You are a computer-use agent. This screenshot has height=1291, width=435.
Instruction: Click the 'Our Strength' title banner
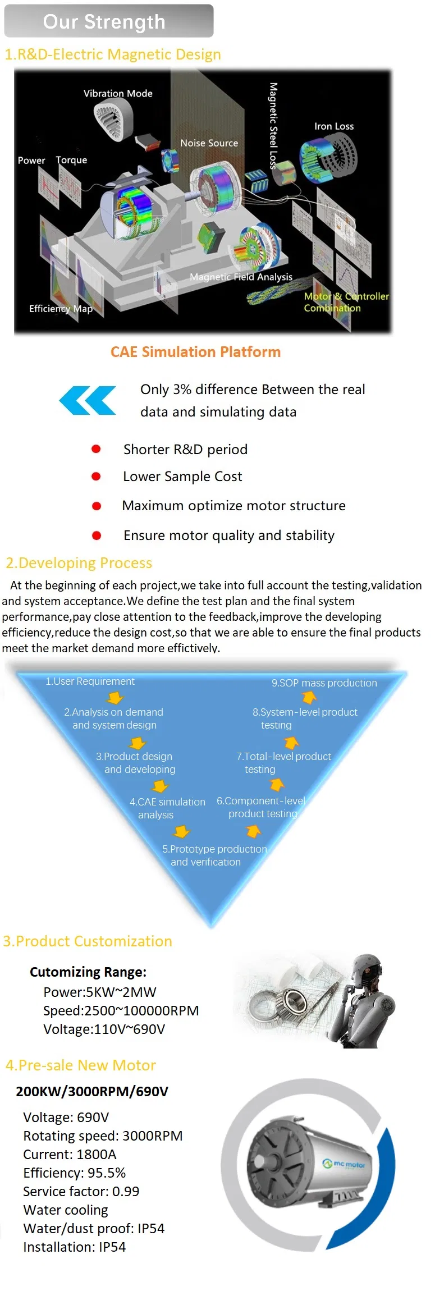point(108,21)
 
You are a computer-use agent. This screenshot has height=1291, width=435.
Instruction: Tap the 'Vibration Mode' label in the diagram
point(118,94)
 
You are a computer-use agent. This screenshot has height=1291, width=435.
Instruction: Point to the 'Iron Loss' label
point(334,126)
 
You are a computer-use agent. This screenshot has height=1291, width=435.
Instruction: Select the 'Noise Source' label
point(209,143)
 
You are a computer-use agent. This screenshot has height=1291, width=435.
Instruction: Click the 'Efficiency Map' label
point(61,309)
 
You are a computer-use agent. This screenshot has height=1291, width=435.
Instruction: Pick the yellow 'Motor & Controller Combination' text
point(345,302)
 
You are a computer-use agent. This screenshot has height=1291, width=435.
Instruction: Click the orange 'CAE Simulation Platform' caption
point(195,352)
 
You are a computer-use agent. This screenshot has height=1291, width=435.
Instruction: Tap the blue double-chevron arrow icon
point(88,400)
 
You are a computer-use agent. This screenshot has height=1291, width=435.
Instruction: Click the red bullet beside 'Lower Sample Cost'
point(96,477)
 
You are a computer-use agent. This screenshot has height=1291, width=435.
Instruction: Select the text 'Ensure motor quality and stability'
point(228,535)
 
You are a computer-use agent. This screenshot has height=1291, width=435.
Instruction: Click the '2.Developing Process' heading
point(79,563)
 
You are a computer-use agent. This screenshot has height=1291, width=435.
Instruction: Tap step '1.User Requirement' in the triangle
point(90,681)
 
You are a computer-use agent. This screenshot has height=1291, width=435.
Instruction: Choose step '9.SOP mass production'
point(324,683)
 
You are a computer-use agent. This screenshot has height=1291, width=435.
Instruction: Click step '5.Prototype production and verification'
point(214,855)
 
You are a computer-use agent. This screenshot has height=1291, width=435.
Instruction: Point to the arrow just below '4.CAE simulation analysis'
point(181,831)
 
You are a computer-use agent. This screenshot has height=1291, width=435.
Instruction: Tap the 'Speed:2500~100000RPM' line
point(121,1011)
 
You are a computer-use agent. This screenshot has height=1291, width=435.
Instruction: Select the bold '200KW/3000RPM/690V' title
point(92,1092)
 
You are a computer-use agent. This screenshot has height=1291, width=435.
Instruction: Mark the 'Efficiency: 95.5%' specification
point(74,1173)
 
